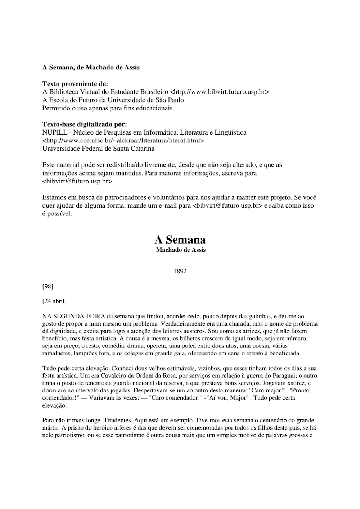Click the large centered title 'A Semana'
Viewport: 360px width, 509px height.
point(180,240)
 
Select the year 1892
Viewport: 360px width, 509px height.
point(180,271)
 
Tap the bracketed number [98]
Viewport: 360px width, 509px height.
point(48,286)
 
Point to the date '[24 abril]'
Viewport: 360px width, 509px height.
point(54,301)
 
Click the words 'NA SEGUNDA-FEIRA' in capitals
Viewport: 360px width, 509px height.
point(74,316)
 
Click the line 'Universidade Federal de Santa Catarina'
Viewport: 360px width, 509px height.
point(98,149)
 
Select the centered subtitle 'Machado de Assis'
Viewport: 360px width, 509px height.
point(181,250)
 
